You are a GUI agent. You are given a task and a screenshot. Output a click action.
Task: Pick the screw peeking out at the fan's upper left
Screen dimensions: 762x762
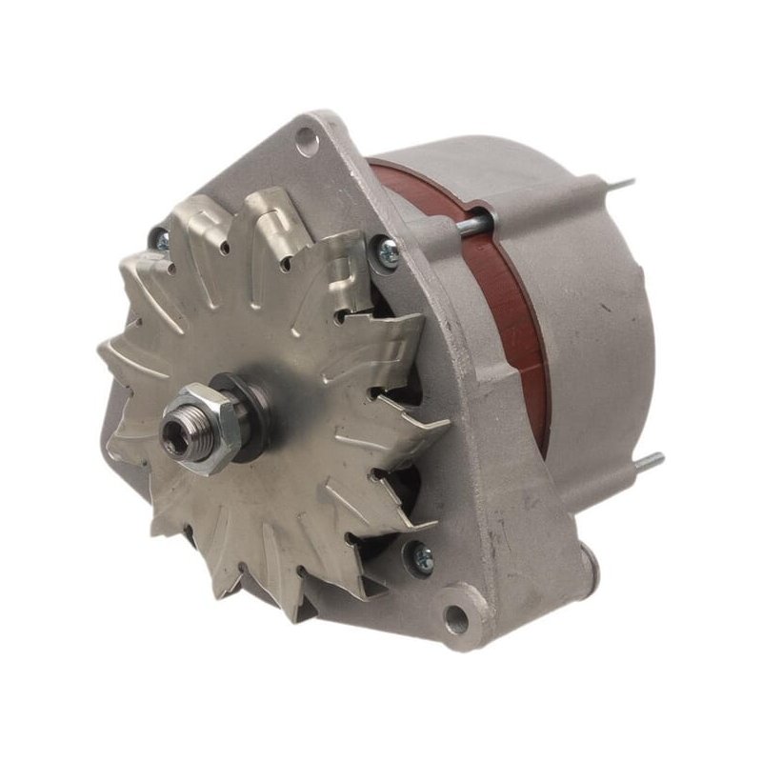click(x=159, y=242)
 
